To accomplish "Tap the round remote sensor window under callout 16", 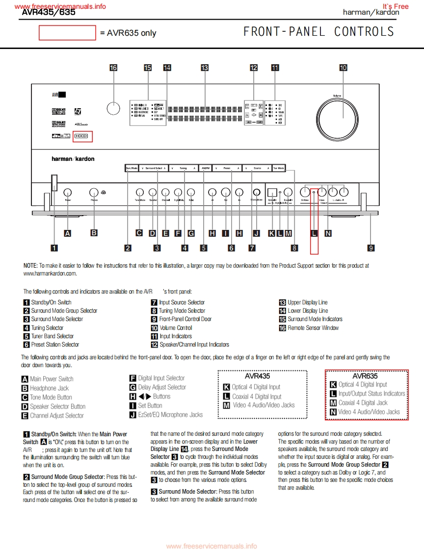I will click(x=113, y=108).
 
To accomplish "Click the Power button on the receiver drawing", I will click(x=68, y=193).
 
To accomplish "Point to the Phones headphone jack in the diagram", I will click(x=94, y=193).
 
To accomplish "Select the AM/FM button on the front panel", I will click(x=206, y=168).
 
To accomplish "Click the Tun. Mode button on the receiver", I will click(x=279, y=168).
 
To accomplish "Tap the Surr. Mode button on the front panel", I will click(x=132, y=168).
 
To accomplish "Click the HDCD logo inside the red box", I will click(x=81, y=137).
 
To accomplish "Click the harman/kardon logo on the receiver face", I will click(x=73, y=159).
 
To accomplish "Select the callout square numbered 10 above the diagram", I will click(x=343, y=68).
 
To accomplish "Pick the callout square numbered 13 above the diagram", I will click(x=205, y=68).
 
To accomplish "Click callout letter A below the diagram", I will click(x=67, y=233).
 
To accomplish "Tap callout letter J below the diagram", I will click(x=256, y=233).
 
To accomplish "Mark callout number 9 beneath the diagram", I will click(x=371, y=248).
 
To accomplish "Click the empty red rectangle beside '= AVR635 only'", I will click(x=67, y=33).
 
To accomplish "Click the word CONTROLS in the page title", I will click(x=364, y=32).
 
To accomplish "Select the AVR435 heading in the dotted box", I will click(x=257, y=376).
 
